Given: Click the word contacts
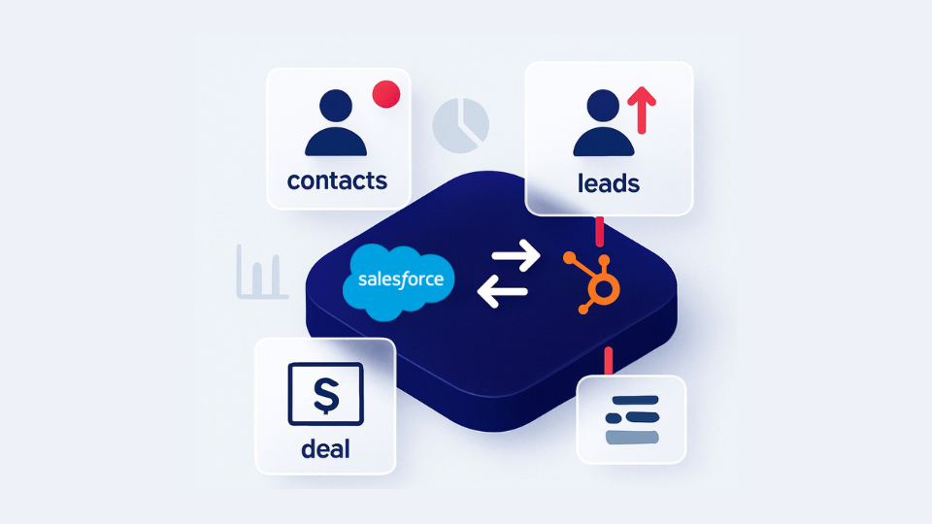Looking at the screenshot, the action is [337, 180].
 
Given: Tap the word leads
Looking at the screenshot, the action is [609, 183].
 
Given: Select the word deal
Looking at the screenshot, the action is [325, 448].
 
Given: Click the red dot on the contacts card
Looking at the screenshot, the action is [386, 94].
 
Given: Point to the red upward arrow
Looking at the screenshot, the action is [642, 110].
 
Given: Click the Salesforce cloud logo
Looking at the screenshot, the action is [399, 281].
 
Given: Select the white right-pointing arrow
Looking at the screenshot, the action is [516, 255].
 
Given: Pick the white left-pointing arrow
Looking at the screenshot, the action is [502, 292].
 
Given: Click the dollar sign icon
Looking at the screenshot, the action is [326, 394].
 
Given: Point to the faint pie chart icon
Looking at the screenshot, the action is [460, 125].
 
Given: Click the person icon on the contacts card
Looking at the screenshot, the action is [336, 122].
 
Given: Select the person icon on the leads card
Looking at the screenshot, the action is [603, 122].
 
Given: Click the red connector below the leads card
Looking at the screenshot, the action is [600, 232].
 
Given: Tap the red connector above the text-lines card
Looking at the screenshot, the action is [608, 361].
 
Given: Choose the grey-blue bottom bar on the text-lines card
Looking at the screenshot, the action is [632, 438].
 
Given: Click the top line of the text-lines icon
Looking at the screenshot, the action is [635, 401].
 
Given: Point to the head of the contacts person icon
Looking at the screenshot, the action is [336, 106].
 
